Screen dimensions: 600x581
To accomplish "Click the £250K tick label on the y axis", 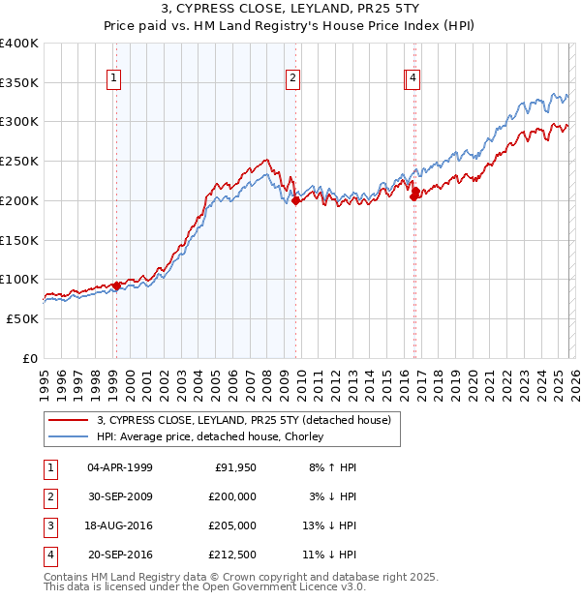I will [19, 162].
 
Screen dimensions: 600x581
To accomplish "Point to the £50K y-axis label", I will [22, 318].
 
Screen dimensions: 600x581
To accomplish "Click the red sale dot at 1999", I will [116, 285].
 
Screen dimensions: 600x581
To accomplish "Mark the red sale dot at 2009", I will [296, 201].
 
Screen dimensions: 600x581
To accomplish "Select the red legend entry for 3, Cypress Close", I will [242, 420].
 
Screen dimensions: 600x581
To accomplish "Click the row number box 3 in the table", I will [49, 525].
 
